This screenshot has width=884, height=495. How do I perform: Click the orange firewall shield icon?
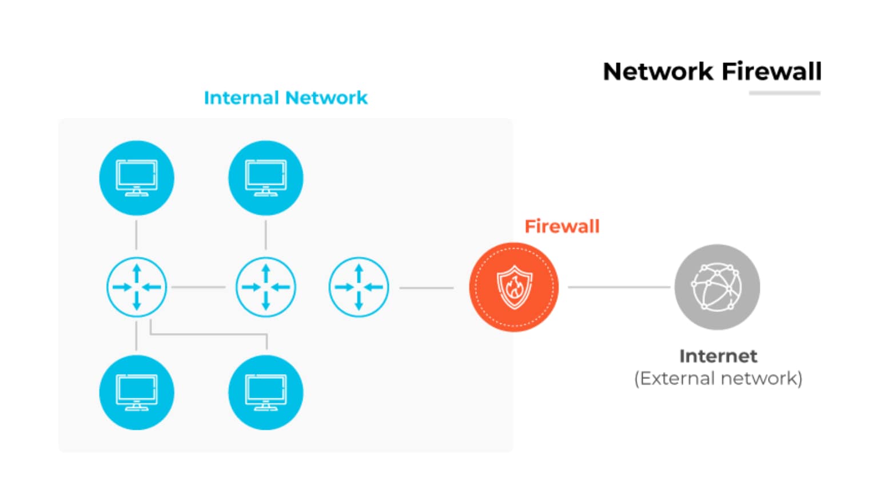click(513, 287)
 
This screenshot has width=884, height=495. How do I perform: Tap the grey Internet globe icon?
click(717, 287)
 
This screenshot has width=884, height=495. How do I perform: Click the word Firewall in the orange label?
click(562, 227)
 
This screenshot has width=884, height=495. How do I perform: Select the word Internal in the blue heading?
click(241, 98)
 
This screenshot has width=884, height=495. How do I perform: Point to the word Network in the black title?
click(658, 72)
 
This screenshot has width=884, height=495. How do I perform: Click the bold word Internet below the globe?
click(718, 356)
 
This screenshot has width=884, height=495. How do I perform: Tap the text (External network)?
click(718, 378)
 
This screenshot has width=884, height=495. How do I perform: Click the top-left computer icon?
click(137, 178)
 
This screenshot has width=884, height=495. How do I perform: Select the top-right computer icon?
click(266, 178)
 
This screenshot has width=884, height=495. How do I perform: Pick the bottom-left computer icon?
click(137, 393)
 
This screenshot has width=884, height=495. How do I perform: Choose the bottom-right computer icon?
click(266, 393)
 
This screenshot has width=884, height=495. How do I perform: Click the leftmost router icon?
click(137, 287)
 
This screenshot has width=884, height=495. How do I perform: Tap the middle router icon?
click(266, 287)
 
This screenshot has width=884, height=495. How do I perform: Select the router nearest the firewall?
click(359, 287)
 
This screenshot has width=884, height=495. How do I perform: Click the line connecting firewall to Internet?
click(619, 287)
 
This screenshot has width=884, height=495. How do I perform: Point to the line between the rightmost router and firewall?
click(427, 288)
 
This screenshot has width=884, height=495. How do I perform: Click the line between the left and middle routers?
click(198, 287)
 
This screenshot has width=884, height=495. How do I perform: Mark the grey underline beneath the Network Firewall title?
click(785, 93)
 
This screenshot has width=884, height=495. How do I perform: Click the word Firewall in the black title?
click(771, 72)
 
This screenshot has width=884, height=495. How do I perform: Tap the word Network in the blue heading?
click(326, 98)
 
